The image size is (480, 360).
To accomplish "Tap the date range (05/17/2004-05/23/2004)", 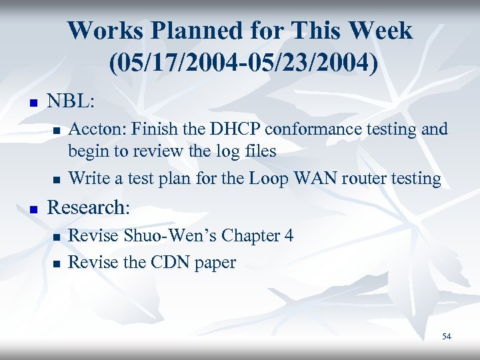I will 240,63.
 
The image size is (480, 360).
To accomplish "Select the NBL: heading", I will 71,102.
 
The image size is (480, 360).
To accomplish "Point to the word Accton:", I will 97,129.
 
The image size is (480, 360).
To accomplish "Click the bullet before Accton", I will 57,130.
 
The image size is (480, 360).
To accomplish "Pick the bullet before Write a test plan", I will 57,179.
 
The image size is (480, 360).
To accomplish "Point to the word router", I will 365,178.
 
